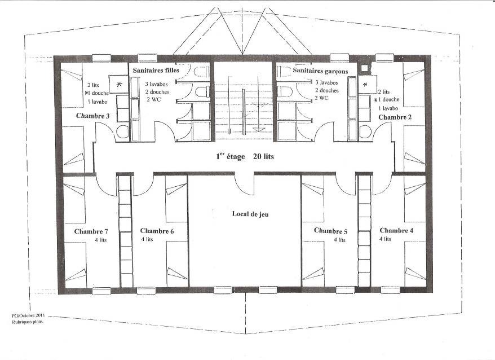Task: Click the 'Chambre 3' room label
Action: pos(93,116)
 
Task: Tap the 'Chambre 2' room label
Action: pos(395,117)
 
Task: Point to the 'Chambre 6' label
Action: pos(157,231)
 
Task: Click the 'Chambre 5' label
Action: pos(330,231)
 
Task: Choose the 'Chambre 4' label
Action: pos(396,230)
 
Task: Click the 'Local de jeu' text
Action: pos(250,214)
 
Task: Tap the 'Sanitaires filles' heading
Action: pos(156,70)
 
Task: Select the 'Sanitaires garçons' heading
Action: pos(320,71)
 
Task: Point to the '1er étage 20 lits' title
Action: pos(245,156)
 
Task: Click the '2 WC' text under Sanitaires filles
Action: pos(154,99)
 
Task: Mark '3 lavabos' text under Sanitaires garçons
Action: pos(327,82)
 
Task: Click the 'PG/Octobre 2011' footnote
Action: pos(28,315)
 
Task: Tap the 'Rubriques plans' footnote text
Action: pos(27,322)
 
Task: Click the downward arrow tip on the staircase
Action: pos(258,131)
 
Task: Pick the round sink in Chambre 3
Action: pos(122,131)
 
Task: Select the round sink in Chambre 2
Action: pos(365,131)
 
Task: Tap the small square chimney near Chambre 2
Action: pos(365,68)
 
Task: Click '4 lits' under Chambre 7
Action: pos(101,240)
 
